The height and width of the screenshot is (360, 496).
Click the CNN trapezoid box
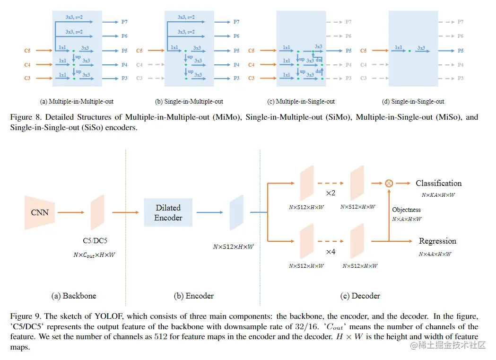[x=40, y=212]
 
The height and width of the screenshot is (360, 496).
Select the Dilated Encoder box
[x=168, y=212]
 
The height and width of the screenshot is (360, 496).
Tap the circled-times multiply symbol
[x=389, y=183]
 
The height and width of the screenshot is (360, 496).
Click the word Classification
[x=438, y=183]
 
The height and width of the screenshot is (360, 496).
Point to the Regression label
[x=437, y=241]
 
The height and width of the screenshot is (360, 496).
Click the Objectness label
[x=406, y=210]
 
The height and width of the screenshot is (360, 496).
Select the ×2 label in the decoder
[x=331, y=194]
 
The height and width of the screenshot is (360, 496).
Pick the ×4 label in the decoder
[x=331, y=252]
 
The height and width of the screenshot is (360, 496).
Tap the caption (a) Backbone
[x=73, y=296]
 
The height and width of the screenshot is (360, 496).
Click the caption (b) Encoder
[x=194, y=296]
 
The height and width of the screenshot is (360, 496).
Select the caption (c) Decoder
[x=360, y=296]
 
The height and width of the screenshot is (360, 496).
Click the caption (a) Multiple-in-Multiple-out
[x=77, y=101]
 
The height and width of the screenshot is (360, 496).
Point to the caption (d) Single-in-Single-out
[x=413, y=101]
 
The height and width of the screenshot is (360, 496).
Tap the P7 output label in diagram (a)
[x=124, y=22]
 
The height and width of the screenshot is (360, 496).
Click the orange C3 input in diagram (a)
[x=27, y=78]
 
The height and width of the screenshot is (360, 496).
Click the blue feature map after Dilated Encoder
[x=236, y=212]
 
